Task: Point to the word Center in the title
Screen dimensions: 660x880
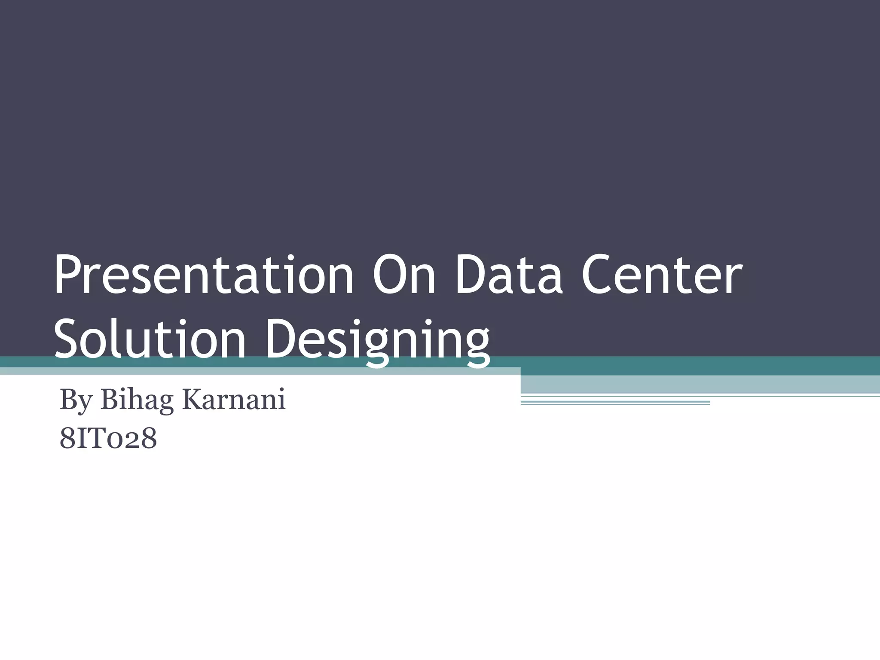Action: click(662, 275)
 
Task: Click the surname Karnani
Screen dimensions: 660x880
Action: click(234, 400)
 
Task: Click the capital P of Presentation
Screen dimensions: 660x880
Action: click(67, 275)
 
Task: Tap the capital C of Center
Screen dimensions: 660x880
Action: click(597, 275)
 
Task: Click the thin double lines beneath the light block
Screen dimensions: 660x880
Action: click(614, 403)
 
